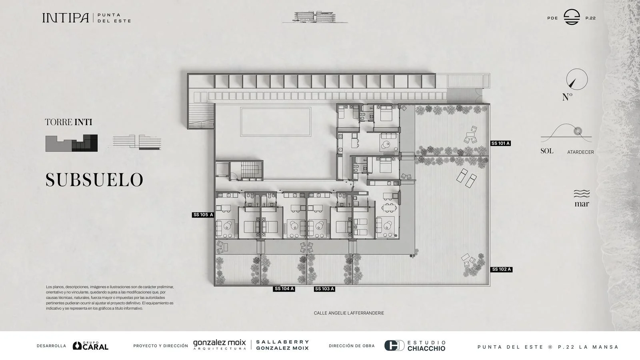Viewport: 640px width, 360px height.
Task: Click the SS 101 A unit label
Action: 500,144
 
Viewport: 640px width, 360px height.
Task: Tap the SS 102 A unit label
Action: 502,270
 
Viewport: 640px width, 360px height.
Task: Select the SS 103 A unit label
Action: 324,289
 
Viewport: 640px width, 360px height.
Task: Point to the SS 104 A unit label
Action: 284,289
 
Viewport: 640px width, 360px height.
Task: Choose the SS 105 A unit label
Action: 203,215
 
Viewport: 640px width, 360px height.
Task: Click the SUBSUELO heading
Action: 94,180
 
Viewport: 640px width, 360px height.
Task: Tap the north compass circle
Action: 577,80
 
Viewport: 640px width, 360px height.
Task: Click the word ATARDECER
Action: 580,152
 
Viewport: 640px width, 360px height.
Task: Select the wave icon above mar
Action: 582,194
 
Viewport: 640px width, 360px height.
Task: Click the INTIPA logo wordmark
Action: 66,18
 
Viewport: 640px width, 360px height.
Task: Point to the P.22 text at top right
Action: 590,18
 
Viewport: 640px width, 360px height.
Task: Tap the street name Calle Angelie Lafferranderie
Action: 349,313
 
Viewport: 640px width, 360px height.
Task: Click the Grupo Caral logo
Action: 90,346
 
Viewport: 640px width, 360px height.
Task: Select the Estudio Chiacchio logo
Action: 415,346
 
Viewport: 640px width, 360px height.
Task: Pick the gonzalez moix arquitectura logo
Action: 220,344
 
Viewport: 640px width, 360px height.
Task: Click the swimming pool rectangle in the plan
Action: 276,122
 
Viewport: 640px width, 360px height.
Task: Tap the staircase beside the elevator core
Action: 252,170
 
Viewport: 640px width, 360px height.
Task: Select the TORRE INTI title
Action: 68,122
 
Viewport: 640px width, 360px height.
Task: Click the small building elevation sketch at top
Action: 315,17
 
